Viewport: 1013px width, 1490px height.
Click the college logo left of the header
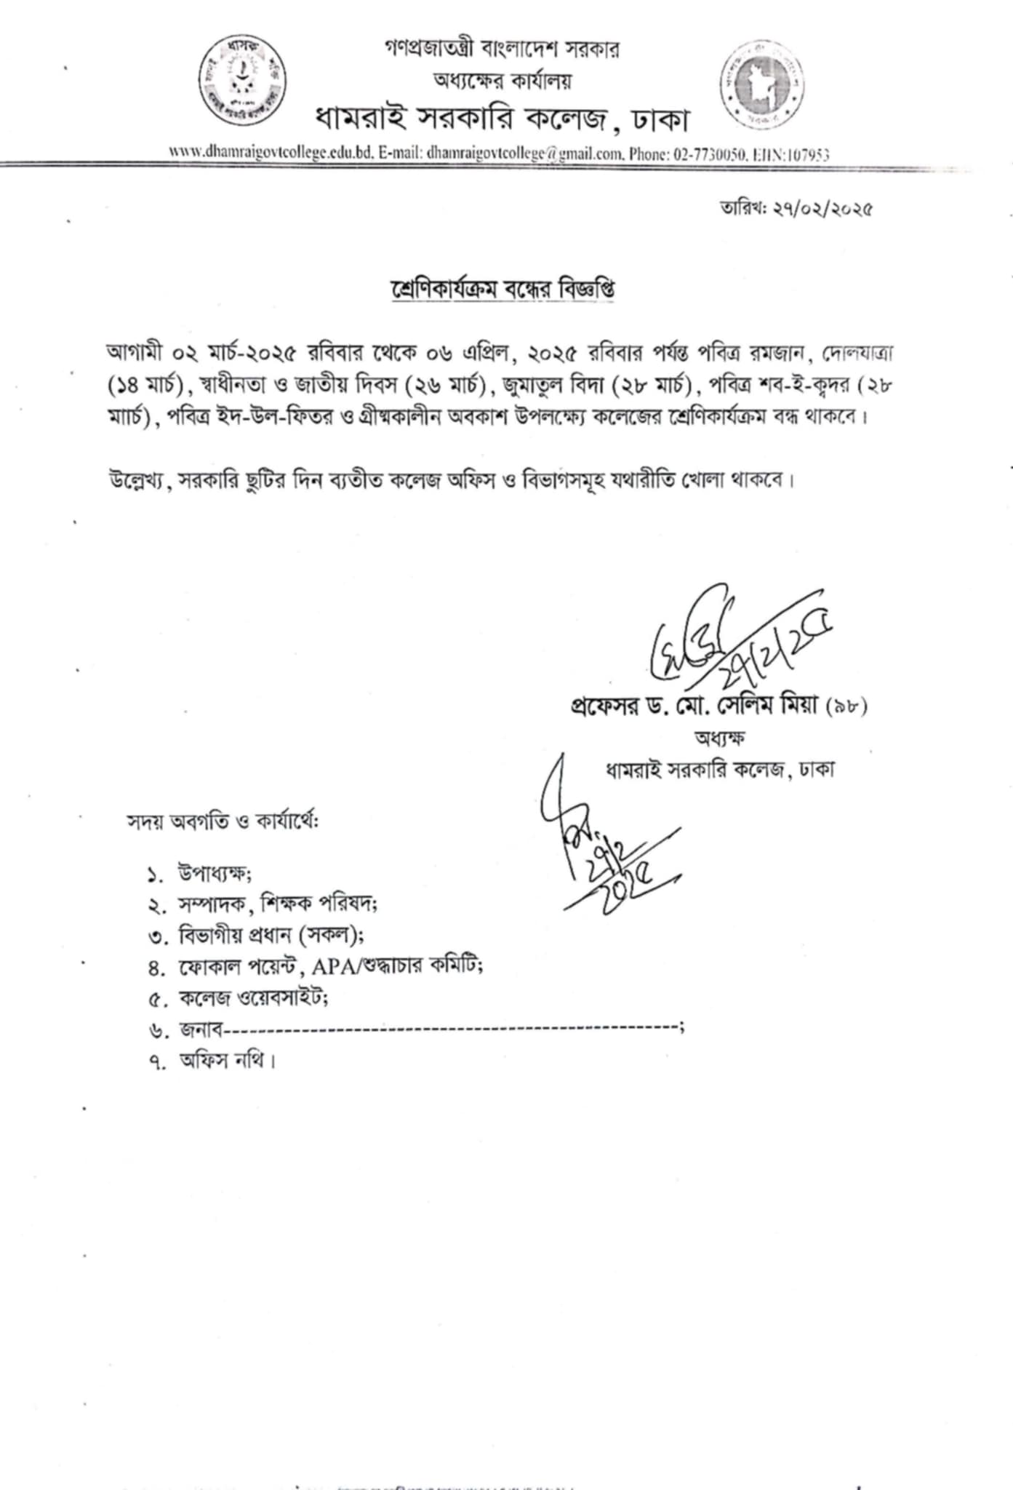point(243,80)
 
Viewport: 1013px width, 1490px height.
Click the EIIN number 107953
point(810,154)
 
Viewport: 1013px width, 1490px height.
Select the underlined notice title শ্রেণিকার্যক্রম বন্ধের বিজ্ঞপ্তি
point(502,289)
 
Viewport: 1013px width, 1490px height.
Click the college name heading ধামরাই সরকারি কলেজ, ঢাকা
point(501,119)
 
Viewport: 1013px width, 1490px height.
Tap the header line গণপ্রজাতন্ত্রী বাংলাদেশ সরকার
point(503,49)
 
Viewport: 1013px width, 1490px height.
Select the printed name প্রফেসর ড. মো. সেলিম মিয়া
point(697,705)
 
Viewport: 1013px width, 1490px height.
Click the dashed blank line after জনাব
point(451,1028)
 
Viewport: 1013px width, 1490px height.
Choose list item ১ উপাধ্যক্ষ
point(215,873)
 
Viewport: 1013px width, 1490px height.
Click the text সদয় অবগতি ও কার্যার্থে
point(224,821)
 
